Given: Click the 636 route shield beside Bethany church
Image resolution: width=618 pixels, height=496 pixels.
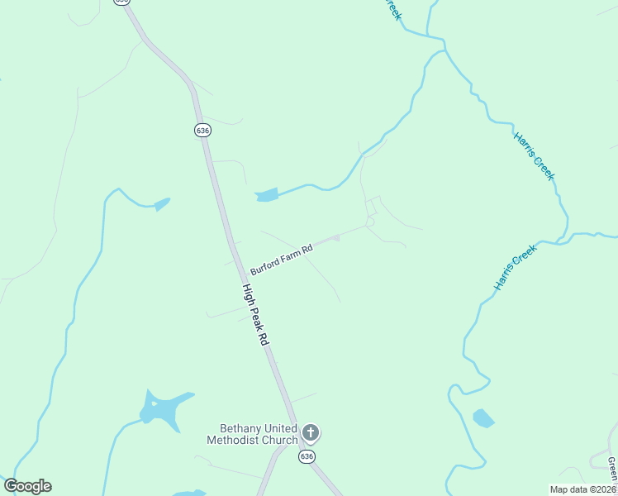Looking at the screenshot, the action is point(307,457).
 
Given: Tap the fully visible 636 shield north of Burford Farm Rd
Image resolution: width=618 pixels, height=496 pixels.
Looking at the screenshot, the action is point(202,130).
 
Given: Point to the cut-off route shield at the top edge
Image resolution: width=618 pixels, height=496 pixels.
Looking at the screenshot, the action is point(122,2).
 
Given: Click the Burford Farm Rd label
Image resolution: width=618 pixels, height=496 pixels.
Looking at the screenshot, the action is point(282,260).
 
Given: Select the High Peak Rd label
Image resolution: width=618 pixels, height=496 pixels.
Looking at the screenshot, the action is point(256,315).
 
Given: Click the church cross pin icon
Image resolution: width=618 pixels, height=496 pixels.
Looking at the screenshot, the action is point(311,432).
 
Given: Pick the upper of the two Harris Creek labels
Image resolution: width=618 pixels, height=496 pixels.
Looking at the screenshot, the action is point(535,157).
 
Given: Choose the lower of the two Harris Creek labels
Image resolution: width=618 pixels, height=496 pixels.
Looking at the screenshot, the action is point(516,266).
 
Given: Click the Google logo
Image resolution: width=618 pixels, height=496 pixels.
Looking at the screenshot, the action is point(27,486).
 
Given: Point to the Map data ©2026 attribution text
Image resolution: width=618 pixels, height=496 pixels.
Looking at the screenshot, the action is point(583,489).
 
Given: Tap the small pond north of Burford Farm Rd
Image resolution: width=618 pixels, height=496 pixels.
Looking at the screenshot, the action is point(267,196).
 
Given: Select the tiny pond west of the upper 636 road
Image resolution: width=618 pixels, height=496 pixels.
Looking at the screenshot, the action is point(162,203).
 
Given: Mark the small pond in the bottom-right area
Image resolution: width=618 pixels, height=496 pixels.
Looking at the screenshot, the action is point(483,418).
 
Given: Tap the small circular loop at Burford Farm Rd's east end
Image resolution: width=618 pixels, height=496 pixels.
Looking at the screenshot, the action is point(370,222).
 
